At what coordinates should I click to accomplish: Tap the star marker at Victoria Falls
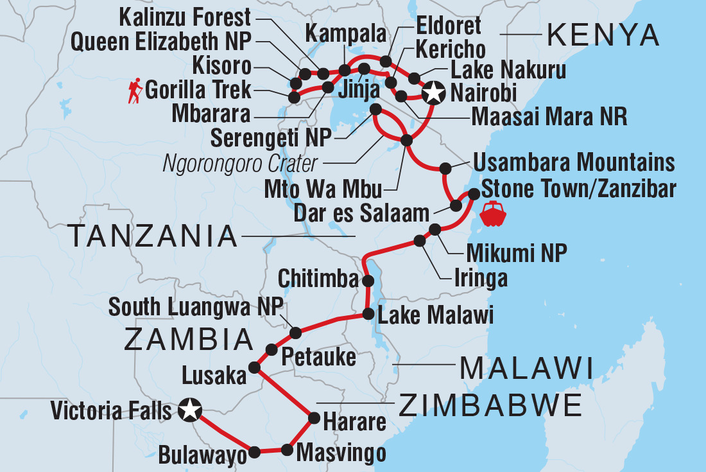point(189,409)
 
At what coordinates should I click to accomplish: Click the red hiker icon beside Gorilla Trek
point(134,91)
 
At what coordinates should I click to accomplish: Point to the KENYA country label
point(602,37)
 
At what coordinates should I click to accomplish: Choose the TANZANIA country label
point(153,236)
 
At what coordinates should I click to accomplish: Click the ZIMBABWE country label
point(490,406)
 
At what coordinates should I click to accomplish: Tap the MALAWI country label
point(526,369)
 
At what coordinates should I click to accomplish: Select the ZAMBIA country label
point(189,340)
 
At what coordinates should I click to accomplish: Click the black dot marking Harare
point(314,418)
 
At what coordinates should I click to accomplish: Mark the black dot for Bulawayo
point(254,452)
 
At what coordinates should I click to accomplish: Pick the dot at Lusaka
point(254,368)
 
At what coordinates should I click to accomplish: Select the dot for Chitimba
point(368,281)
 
